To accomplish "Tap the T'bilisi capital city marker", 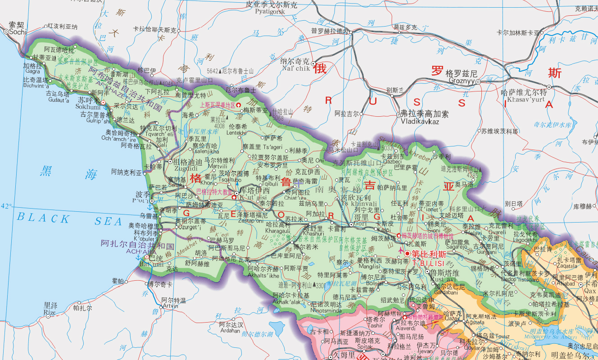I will [408, 254].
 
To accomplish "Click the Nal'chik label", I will [295, 68].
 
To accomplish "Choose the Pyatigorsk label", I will [270, 12].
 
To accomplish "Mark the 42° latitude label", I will [6, 206].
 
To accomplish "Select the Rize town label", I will [50, 312].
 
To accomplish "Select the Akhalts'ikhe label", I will [263, 275].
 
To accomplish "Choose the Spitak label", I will [364, 347].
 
